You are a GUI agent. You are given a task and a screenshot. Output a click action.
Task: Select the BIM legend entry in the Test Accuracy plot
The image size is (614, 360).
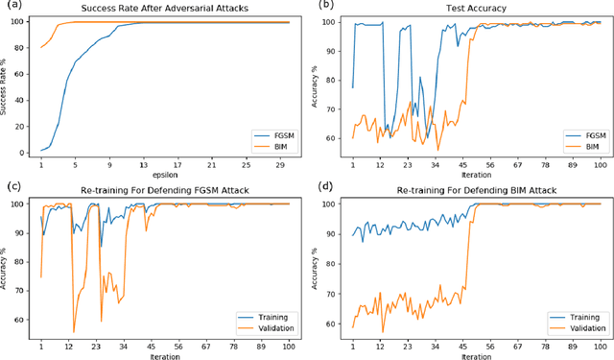point(584,147)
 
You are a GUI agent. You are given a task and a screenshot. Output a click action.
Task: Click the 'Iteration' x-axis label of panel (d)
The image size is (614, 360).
point(476,353)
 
